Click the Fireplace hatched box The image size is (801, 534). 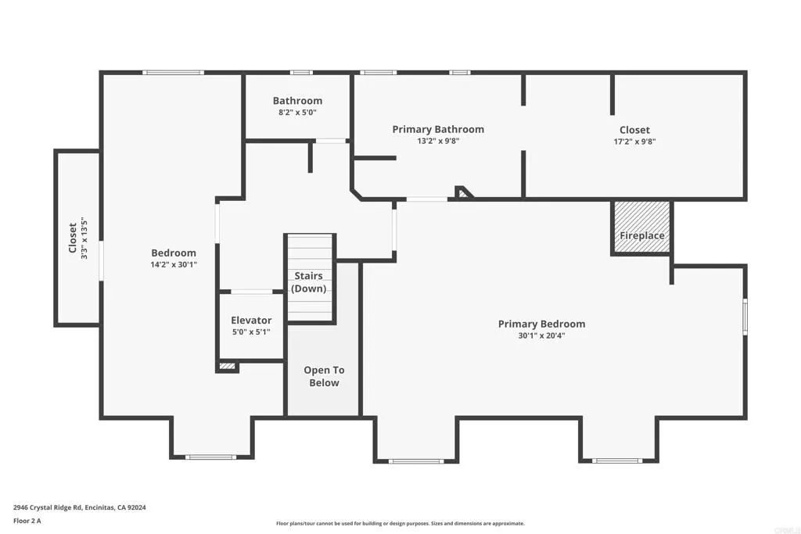tap(641, 228)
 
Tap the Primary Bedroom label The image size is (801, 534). tap(541, 324)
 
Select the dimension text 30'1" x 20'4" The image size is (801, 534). tap(541, 335)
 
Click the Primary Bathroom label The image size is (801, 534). tap(438, 129)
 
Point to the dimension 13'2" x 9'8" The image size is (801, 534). tap(438, 142)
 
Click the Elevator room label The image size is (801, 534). tap(251, 320)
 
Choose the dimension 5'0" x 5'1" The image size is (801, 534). tap(251, 332)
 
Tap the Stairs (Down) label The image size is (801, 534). tap(308, 282)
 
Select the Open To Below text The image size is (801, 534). tap(323, 376)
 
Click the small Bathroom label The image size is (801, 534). tap(297, 101)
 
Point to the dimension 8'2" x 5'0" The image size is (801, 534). tap(297, 113)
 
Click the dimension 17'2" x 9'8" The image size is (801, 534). tap(634, 142)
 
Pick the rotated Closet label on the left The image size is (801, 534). tap(72, 238)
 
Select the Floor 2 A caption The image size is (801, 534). tap(27, 520)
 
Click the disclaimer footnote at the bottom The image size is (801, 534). tap(400, 524)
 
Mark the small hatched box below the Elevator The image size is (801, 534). tap(228, 365)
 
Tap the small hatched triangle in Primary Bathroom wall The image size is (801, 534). tap(464, 192)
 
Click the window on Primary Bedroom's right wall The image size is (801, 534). tap(745, 316)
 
